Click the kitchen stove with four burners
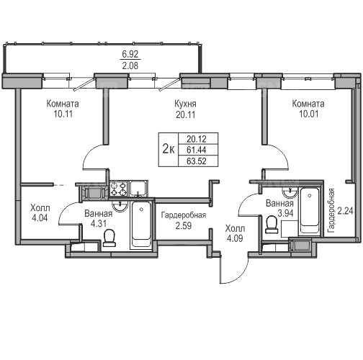coord(119,189)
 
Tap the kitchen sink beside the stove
coord(138,189)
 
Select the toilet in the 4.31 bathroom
coord(109,238)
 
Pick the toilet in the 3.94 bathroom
coord(272,225)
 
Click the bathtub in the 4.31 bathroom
coord(141,225)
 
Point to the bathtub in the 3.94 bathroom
coord(310,211)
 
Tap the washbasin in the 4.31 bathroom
coord(120,207)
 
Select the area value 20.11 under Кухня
coord(185,114)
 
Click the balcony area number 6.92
coord(130,54)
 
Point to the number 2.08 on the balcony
coord(130,66)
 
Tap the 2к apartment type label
coord(169,149)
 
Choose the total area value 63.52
coord(197,161)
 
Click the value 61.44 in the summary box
coord(197,150)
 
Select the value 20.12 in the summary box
coord(197,139)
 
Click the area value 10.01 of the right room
coord(308,114)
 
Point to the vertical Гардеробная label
coord(331,210)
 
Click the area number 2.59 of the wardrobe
coord(184,226)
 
